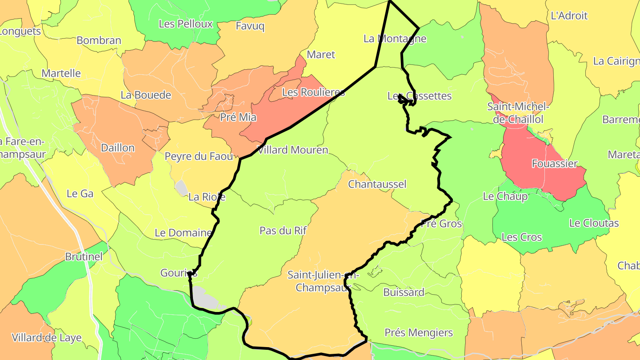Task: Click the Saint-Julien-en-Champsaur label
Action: tap(323, 281)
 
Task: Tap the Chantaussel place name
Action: tap(377, 184)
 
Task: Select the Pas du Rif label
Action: tap(283, 230)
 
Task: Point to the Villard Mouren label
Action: tap(292, 150)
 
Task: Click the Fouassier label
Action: tap(555, 164)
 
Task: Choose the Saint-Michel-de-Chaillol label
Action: tap(518, 113)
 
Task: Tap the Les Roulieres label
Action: tap(313, 92)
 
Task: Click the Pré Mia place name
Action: tap(238, 117)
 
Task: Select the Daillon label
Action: tap(118, 148)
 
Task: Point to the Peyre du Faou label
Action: tap(199, 156)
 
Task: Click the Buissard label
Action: tap(404, 292)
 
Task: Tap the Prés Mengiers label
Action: tap(419, 332)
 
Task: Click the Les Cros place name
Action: tap(522, 237)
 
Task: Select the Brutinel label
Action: tap(84, 256)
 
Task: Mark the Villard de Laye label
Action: tap(47, 337)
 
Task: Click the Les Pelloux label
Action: tap(186, 24)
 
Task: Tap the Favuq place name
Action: tap(250, 26)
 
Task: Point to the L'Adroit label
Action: tap(569, 16)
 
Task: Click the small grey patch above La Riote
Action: tap(181, 188)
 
